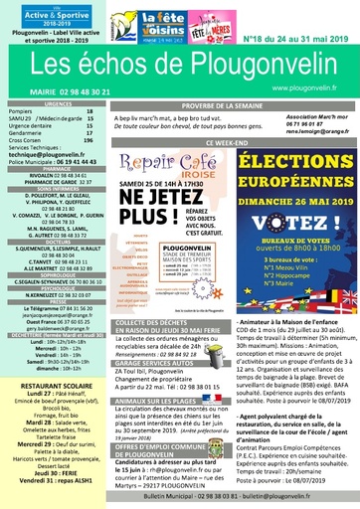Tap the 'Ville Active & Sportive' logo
(x=46, y=15)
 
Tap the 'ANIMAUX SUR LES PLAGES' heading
(x=158, y=399)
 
